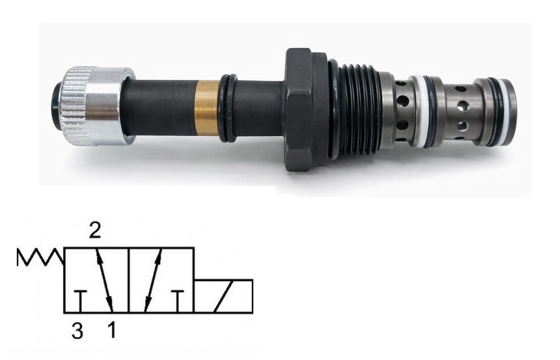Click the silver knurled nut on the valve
point(97,106)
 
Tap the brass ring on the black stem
point(208,109)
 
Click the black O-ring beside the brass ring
point(228,108)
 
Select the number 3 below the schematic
point(77,330)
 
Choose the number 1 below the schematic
point(112,330)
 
